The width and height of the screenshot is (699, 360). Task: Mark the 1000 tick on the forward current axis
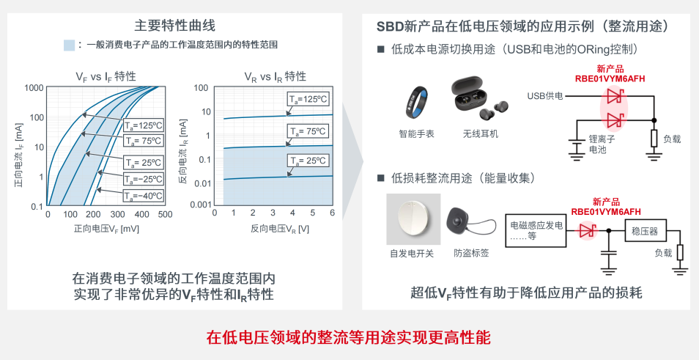pos(34,87)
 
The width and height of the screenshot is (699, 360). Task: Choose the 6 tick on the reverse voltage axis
pos(333,213)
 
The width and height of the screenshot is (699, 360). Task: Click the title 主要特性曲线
pos(174,26)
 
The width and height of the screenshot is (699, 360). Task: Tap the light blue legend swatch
pos(69,45)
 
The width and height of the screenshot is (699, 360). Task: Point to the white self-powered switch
pos(413,219)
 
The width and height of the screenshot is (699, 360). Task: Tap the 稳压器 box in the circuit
pos(645,231)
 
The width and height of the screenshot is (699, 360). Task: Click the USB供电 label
pos(544,96)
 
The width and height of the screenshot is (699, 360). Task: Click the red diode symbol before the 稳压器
pos(587,231)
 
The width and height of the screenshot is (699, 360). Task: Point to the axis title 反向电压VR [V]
pos(279,229)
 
